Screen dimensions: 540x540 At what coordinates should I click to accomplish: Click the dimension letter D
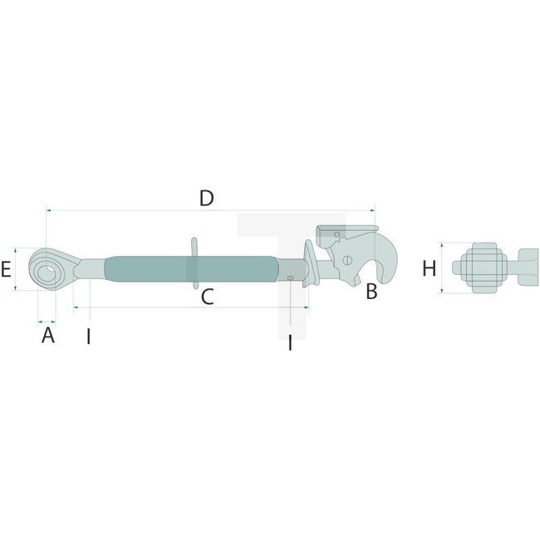(x=207, y=198)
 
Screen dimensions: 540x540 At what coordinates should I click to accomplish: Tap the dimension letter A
(x=47, y=335)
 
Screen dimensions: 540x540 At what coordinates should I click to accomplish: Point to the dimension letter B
(x=371, y=292)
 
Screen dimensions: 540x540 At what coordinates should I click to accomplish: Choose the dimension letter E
(x=7, y=269)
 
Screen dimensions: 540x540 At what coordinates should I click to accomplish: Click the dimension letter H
(x=429, y=268)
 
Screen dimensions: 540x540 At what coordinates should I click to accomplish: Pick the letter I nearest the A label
(x=88, y=336)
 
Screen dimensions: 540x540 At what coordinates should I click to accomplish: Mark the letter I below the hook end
(x=290, y=341)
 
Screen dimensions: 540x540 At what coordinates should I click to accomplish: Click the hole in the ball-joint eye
(x=49, y=269)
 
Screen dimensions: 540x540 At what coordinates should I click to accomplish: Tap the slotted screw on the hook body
(x=346, y=260)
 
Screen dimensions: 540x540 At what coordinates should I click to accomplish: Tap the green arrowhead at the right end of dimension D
(x=374, y=210)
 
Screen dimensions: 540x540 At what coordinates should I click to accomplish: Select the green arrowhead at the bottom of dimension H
(x=442, y=292)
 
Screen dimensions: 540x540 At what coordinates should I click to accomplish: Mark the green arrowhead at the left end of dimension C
(x=76, y=307)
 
